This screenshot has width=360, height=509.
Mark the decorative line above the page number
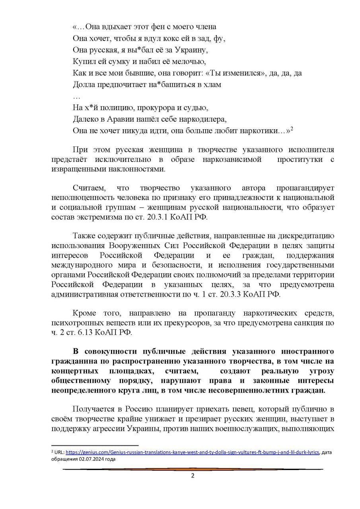click(193, 470)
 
